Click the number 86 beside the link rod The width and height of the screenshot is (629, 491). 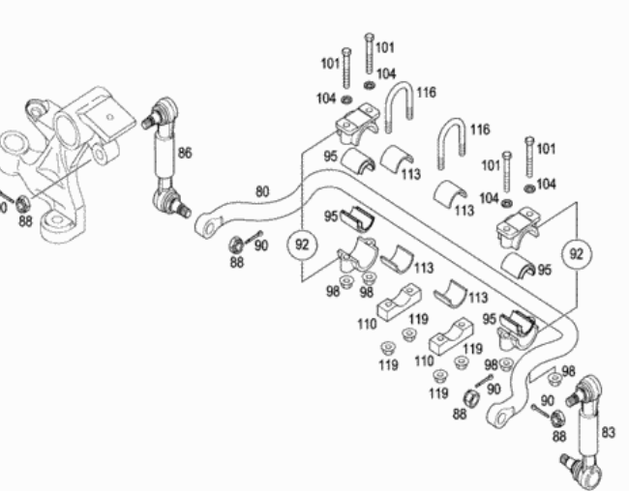[185, 153]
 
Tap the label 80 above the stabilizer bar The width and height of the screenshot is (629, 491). [262, 191]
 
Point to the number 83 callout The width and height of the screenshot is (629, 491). [608, 432]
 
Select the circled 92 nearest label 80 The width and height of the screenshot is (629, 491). [302, 245]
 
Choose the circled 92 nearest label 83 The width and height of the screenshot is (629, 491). [576, 254]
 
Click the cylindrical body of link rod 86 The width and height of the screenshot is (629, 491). [165, 155]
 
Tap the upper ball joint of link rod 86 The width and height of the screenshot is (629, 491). [165, 109]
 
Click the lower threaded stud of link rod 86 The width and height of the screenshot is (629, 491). [184, 210]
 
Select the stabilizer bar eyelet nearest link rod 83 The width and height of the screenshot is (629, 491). [500, 419]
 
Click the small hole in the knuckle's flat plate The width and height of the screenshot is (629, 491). [110, 117]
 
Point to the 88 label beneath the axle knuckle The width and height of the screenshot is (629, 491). [25, 220]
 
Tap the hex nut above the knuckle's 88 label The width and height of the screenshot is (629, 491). [22, 204]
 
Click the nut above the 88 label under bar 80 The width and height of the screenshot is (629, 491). [236, 245]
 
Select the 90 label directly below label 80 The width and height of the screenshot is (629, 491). [260, 245]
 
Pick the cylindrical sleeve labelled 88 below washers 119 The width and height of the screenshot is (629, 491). [472, 397]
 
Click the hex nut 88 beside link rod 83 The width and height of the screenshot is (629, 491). [556, 419]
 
